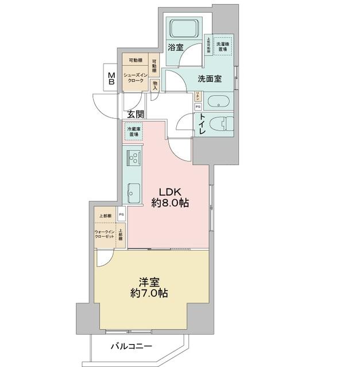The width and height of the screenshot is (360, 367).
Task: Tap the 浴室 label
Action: [x=176, y=48]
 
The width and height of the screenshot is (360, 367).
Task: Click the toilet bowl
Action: [x=220, y=124]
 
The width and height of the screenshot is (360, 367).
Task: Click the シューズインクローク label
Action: [x=136, y=79]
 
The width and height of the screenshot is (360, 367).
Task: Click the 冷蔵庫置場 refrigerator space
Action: [x=134, y=132]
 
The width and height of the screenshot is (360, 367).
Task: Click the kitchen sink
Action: [x=133, y=193]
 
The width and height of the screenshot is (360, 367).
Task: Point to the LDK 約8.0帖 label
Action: [x=171, y=197]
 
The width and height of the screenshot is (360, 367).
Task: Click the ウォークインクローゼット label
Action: [x=105, y=236]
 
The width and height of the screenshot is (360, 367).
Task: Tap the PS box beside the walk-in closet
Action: [x=121, y=215]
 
